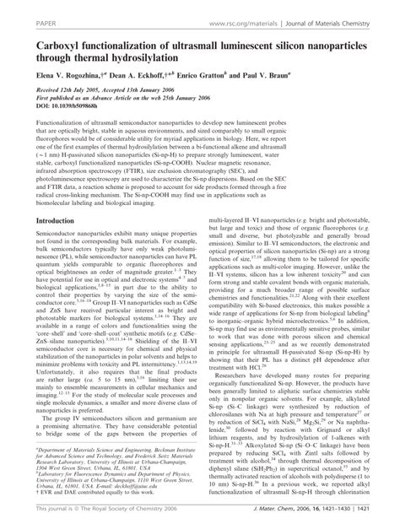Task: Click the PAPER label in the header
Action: tap(19, 11)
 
